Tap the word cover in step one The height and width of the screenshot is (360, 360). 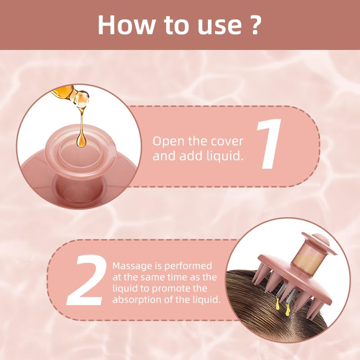click(x=227, y=142)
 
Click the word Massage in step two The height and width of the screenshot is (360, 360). click(x=132, y=267)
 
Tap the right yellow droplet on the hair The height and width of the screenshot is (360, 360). click(x=287, y=310)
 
